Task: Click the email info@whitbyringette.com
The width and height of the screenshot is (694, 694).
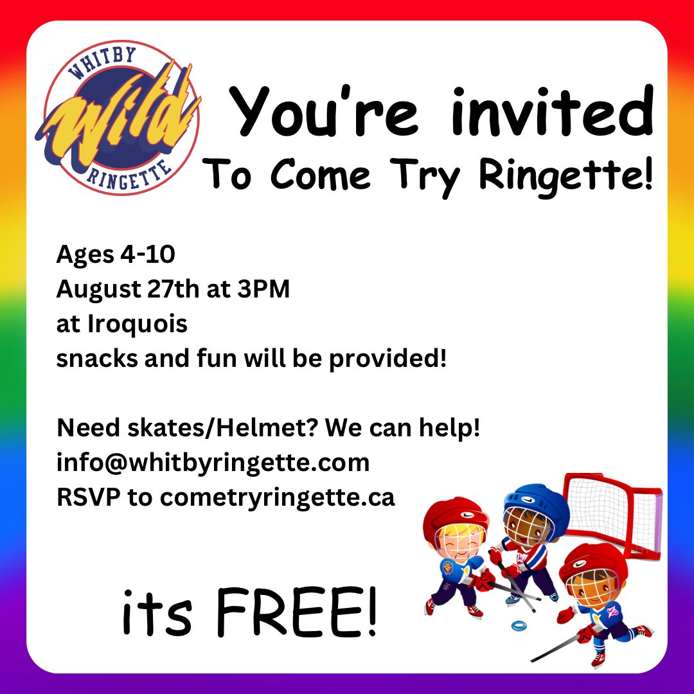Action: pos(213,463)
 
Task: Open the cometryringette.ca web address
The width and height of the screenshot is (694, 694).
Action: pos(278,497)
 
